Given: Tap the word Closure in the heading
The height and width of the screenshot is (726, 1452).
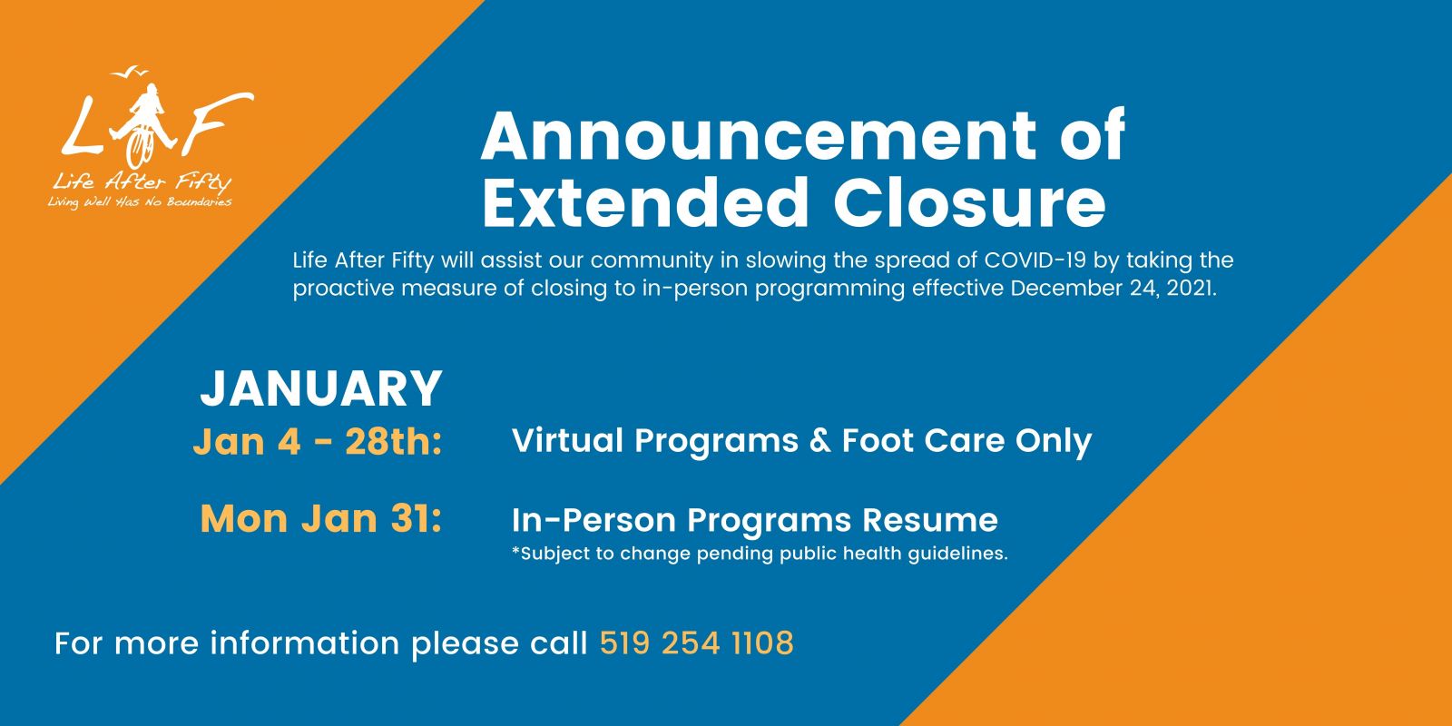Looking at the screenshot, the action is [x=969, y=203].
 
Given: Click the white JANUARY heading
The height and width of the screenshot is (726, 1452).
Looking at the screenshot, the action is [x=321, y=389].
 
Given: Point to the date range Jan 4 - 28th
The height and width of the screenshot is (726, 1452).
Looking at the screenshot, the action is [x=318, y=442].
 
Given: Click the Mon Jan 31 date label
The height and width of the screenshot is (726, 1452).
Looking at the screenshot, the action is [x=321, y=519].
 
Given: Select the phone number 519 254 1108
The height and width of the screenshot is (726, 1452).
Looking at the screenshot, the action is [x=697, y=643].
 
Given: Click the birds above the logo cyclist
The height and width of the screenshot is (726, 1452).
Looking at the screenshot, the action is [x=130, y=72].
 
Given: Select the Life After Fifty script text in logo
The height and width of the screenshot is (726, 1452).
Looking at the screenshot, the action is [x=142, y=182].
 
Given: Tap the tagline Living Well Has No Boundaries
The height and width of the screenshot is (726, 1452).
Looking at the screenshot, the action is [x=140, y=202].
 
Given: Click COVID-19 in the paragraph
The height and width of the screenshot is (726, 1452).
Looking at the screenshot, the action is [x=1035, y=260].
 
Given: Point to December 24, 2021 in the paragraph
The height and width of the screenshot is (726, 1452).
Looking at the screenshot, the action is [x=1113, y=288].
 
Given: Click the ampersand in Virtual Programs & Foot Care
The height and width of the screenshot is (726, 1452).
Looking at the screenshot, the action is [x=820, y=441].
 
